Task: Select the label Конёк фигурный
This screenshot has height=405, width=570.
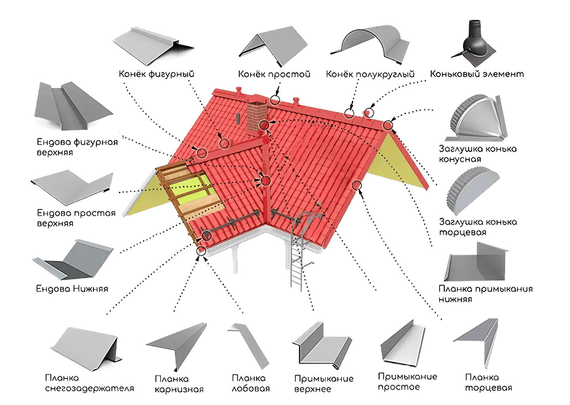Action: (x=157, y=74)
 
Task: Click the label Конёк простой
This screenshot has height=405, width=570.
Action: (x=274, y=74)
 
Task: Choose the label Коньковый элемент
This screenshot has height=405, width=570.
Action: (x=477, y=74)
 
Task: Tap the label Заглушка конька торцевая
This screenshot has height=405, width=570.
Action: (x=478, y=227)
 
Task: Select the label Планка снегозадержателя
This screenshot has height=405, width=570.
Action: (x=90, y=383)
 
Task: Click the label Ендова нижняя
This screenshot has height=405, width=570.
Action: (x=72, y=288)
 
